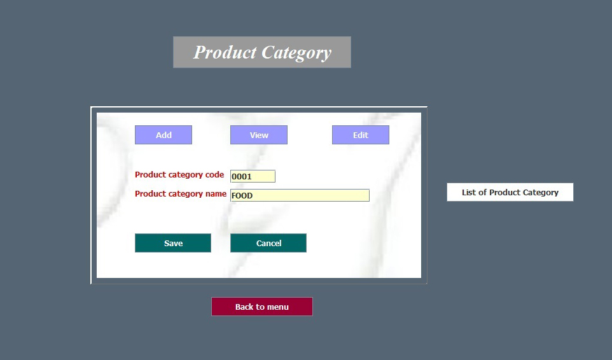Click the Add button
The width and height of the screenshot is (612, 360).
(163, 135)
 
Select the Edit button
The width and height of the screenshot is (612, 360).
(360, 135)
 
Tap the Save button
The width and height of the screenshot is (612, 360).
(173, 243)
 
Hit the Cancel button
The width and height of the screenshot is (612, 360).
(268, 243)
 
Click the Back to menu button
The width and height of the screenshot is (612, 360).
(262, 307)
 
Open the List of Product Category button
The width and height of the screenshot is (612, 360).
(510, 192)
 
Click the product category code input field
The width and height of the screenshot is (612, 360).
(253, 176)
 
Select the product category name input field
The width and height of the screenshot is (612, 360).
(300, 195)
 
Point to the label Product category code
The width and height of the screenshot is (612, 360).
(179, 175)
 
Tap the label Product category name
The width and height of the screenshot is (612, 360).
(180, 194)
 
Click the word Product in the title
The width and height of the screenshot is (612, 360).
(225, 52)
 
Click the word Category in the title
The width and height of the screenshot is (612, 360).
(296, 53)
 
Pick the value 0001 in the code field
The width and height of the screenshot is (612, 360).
(242, 177)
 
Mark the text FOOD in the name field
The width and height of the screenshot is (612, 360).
(242, 196)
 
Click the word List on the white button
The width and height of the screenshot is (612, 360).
(469, 192)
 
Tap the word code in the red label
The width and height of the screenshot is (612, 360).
(214, 175)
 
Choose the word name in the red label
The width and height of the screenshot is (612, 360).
(216, 194)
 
